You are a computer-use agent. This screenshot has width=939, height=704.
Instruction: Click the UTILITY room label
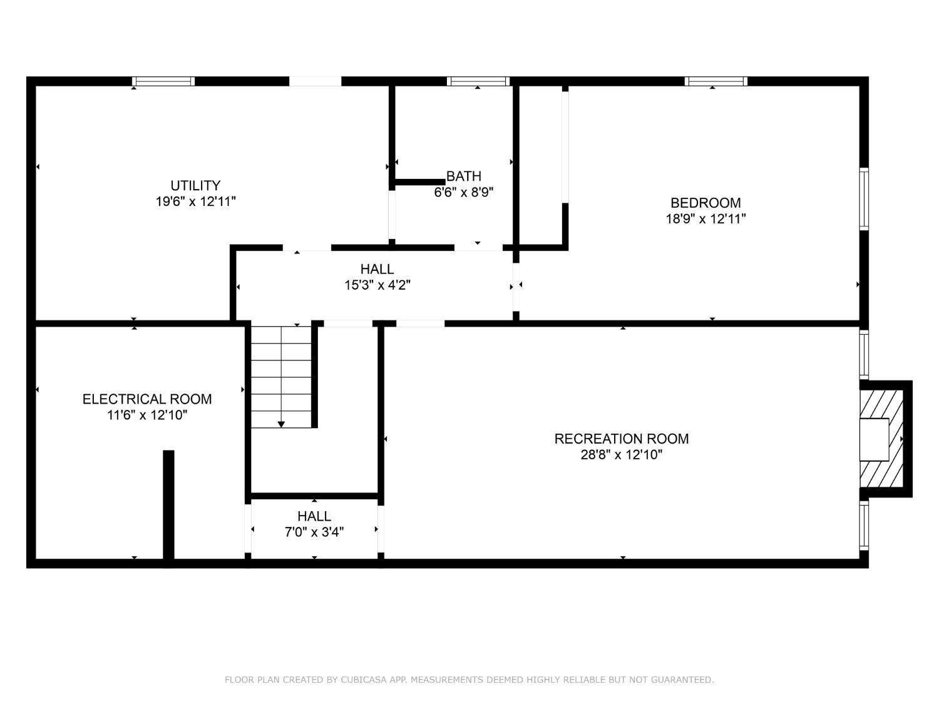195,185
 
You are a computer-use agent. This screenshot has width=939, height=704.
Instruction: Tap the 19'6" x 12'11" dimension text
195,202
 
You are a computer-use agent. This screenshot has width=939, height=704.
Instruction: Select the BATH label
464,176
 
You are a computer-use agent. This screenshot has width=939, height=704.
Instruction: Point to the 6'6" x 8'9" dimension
464,192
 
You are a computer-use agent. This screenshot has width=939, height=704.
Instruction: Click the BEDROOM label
706,203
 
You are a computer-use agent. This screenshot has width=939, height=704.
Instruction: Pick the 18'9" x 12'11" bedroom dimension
706,219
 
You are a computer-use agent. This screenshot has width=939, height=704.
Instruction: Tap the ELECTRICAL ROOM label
147,399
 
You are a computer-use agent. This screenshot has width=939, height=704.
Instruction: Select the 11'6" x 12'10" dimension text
147,415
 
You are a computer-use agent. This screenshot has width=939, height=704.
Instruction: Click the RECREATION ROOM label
622,439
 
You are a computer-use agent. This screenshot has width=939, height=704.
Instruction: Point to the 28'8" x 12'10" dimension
622,455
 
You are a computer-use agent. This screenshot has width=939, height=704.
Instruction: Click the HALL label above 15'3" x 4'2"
377,269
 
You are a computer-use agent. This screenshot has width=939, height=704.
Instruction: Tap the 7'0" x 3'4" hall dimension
314,533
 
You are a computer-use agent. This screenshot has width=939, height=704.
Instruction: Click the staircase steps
281,375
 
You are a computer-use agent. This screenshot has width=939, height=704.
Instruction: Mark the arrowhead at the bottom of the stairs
281,424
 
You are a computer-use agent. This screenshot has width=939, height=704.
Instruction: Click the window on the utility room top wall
163,81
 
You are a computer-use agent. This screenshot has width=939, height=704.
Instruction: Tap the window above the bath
478,81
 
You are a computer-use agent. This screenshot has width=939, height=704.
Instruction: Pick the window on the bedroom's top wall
716,81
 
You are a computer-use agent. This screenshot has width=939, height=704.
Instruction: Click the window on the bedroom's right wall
864,199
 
